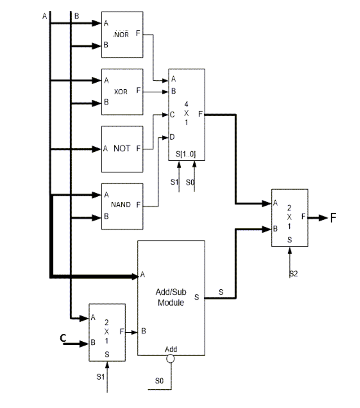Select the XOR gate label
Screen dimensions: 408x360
[121, 92]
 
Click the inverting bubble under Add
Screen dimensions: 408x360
[170, 358]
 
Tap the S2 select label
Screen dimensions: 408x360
[294, 274]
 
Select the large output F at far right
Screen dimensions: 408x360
[333, 218]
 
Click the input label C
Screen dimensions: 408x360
[62, 338]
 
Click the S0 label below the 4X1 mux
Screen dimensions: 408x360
[190, 182]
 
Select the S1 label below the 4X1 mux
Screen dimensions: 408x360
[174, 182]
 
